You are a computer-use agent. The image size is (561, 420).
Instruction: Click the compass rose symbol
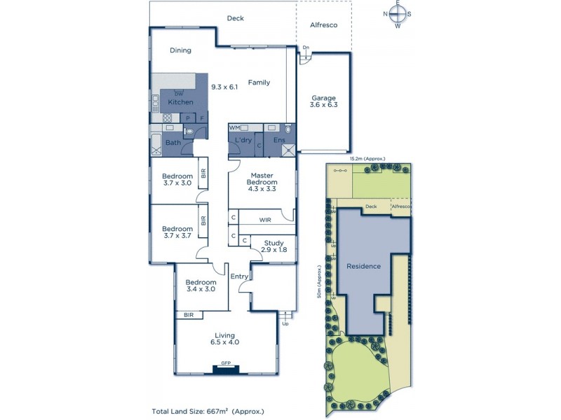tap(398, 13)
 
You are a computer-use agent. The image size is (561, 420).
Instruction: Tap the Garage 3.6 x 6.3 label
tap(324, 101)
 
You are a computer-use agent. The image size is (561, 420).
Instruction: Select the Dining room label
tap(181, 50)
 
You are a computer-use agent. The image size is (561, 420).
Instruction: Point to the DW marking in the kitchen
tap(179, 94)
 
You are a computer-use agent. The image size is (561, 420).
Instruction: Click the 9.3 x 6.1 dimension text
tap(225, 87)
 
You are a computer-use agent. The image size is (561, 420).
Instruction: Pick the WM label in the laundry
tap(234, 128)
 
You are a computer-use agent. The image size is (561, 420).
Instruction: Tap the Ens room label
tap(279, 141)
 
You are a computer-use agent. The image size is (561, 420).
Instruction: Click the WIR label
tap(264, 220)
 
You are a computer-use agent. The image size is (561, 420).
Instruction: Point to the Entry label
tap(239, 276)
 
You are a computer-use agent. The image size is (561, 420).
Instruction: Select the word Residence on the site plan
tap(363, 266)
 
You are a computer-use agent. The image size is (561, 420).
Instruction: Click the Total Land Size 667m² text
tap(208, 411)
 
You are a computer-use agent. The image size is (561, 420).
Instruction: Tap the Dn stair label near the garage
tap(306, 48)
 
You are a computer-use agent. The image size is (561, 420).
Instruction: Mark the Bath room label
tap(173, 143)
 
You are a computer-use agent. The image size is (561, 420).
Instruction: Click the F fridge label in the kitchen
tap(202, 118)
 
